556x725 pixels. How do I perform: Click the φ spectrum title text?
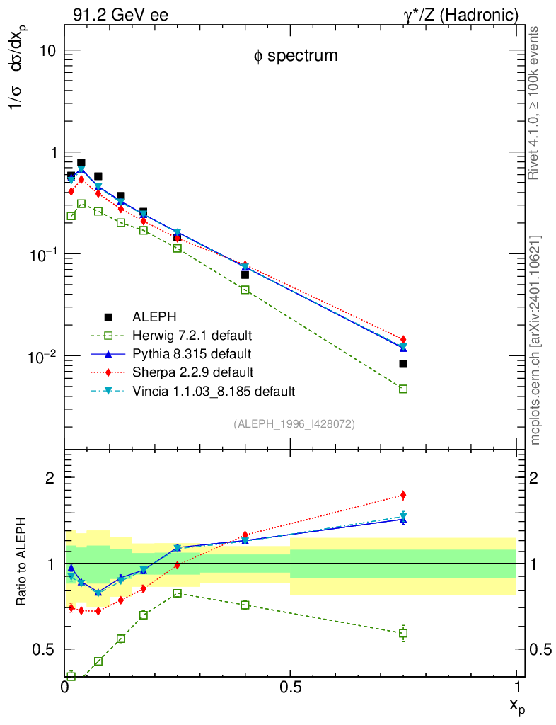click(x=296, y=56)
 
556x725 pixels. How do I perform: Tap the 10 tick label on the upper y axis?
click(x=47, y=52)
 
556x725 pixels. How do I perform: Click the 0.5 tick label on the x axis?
click(x=290, y=687)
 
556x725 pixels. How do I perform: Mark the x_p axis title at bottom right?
click(x=517, y=706)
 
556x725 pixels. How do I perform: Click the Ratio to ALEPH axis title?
click(x=23, y=565)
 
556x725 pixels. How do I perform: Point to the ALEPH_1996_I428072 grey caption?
click(x=294, y=423)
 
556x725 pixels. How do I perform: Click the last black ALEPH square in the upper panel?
click(x=403, y=364)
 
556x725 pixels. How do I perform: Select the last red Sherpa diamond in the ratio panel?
click(x=403, y=495)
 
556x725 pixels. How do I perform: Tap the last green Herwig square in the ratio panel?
click(x=403, y=633)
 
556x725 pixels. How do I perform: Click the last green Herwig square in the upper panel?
click(x=403, y=389)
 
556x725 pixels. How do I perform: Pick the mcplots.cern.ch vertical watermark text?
click(x=536, y=340)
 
